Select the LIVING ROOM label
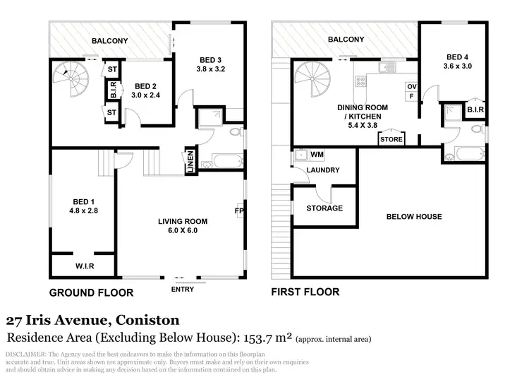click(x=182, y=221)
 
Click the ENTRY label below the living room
click(x=182, y=289)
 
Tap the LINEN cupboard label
click(x=190, y=161)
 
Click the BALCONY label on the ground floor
click(x=109, y=41)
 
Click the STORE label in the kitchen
click(x=391, y=140)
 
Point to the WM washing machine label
click(x=317, y=154)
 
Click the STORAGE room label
click(x=324, y=208)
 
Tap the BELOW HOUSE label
click(x=414, y=217)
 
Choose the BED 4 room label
click(x=456, y=57)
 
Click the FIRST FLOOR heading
click(x=305, y=292)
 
